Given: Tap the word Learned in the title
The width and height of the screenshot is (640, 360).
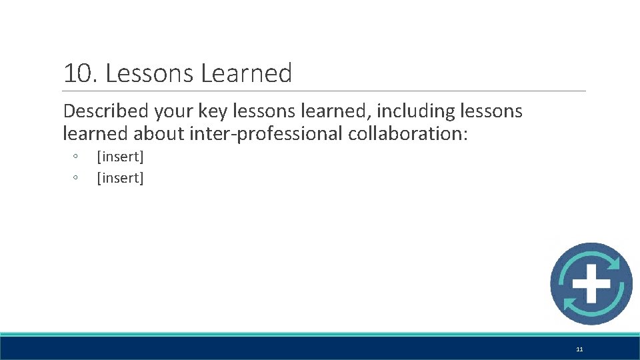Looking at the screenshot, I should (247, 73).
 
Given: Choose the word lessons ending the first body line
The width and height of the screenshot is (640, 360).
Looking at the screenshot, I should (492, 111).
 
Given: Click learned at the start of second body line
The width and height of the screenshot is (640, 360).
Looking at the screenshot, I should (95, 133).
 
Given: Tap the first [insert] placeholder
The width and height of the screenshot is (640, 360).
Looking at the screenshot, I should (120, 157).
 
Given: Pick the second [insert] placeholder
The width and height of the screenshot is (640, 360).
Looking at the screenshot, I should (120, 178).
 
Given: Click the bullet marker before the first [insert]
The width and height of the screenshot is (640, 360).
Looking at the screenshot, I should (76, 157).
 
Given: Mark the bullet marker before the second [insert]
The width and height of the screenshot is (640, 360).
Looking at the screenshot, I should (76, 177).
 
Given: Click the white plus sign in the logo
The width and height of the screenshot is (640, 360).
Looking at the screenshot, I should (591, 284).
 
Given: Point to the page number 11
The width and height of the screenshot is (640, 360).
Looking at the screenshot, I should (579, 349).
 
